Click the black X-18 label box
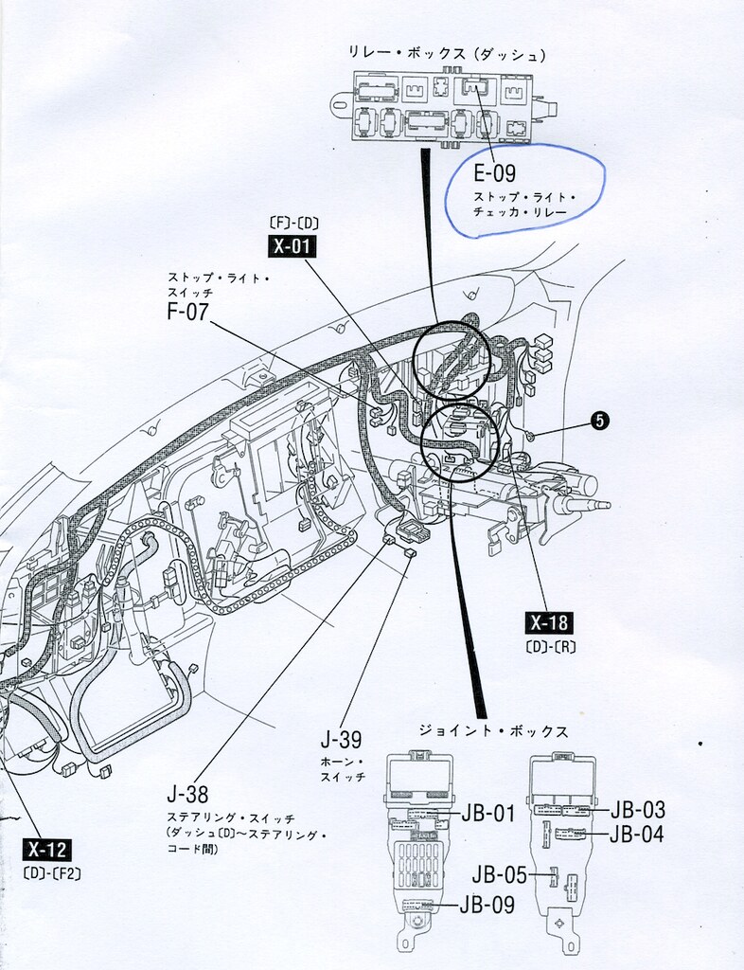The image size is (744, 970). [549, 623]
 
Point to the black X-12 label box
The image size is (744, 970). [47, 849]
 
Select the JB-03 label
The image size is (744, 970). [637, 810]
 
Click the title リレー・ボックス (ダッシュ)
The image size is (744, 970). [434, 53]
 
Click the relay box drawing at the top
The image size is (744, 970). [445, 105]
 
